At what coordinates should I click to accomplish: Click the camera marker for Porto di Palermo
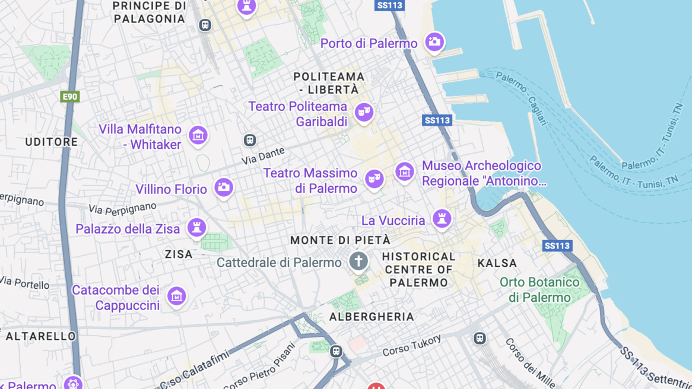(434, 42)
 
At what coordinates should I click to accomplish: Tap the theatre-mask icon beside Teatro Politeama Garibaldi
(364, 111)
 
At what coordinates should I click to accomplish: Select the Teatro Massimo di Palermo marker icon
(374, 178)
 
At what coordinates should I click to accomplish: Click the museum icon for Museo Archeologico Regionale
(405, 173)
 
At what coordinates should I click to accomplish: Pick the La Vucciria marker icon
(442, 218)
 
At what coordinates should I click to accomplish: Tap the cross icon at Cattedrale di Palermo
(358, 260)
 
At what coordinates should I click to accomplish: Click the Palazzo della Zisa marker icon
(196, 227)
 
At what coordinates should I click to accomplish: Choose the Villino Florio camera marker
(224, 187)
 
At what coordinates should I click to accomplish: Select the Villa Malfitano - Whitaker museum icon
(198, 135)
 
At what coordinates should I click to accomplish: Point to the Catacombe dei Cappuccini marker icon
(176, 296)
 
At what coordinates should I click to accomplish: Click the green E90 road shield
(70, 97)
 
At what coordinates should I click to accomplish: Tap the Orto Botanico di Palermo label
(539, 289)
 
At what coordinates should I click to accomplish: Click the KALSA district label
(497, 263)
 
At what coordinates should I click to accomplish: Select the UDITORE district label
(52, 142)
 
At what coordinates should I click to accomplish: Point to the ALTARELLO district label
(41, 336)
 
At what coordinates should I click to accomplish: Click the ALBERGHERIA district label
(372, 317)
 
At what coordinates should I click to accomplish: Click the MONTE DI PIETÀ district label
(340, 240)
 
